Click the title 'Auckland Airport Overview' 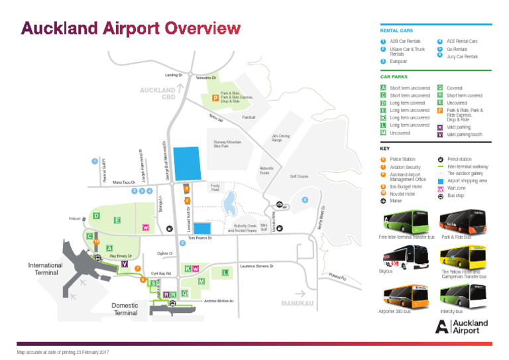pyautogui.click(x=131, y=28)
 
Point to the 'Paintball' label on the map pyautogui.click(x=249, y=117)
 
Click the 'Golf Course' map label pyautogui.click(x=299, y=176)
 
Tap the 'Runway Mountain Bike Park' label pyautogui.click(x=227, y=145)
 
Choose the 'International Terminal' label pyautogui.click(x=45, y=269)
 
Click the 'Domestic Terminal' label pyautogui.click(x=125, y=309)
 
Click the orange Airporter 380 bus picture pyautogui.click(x=401, y=294)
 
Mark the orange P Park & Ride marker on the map pyautogui.click(x=215, y=98)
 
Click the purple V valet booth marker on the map pyautogui.click(x=125, y=264)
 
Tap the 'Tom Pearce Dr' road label pyautogui.click(x=199, y=238)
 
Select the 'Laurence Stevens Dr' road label pyautogui.click(x=256, y=266)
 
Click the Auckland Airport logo pyautogui.click(x=461, y=326)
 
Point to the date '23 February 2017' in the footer pyautogui.click(x=89, y=351)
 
